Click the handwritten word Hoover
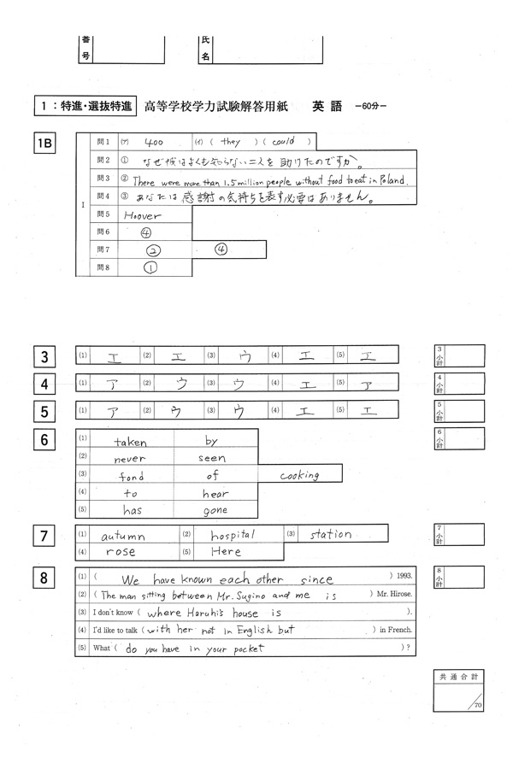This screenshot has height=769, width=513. pyautogui.click(x=143, y=216)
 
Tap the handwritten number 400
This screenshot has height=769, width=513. pyautogui.click(x=155, y=143)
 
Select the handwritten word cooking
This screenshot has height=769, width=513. pyautogui.click(x=299, y=475)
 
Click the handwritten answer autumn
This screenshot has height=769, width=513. pyautogui.click(x=125, y=536)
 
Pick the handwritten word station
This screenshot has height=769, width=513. pyautogui.click(x=330, y=535)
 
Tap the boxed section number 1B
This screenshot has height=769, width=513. pyautogui.click(x=44, y=144)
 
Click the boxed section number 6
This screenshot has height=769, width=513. pyautogui.click(x=44, y=442)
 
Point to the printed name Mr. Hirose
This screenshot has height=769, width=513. pyautogui.click(x=397, y=595)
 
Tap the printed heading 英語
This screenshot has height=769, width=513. pyautogui.click(x=327, y=107)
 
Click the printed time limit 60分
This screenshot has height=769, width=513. pyautogui.click(x=370, y=108)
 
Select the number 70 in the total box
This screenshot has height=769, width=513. pyautogui.click(x=477, y=704)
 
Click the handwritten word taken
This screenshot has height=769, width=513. pyautogui.click(x=131, y=442)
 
